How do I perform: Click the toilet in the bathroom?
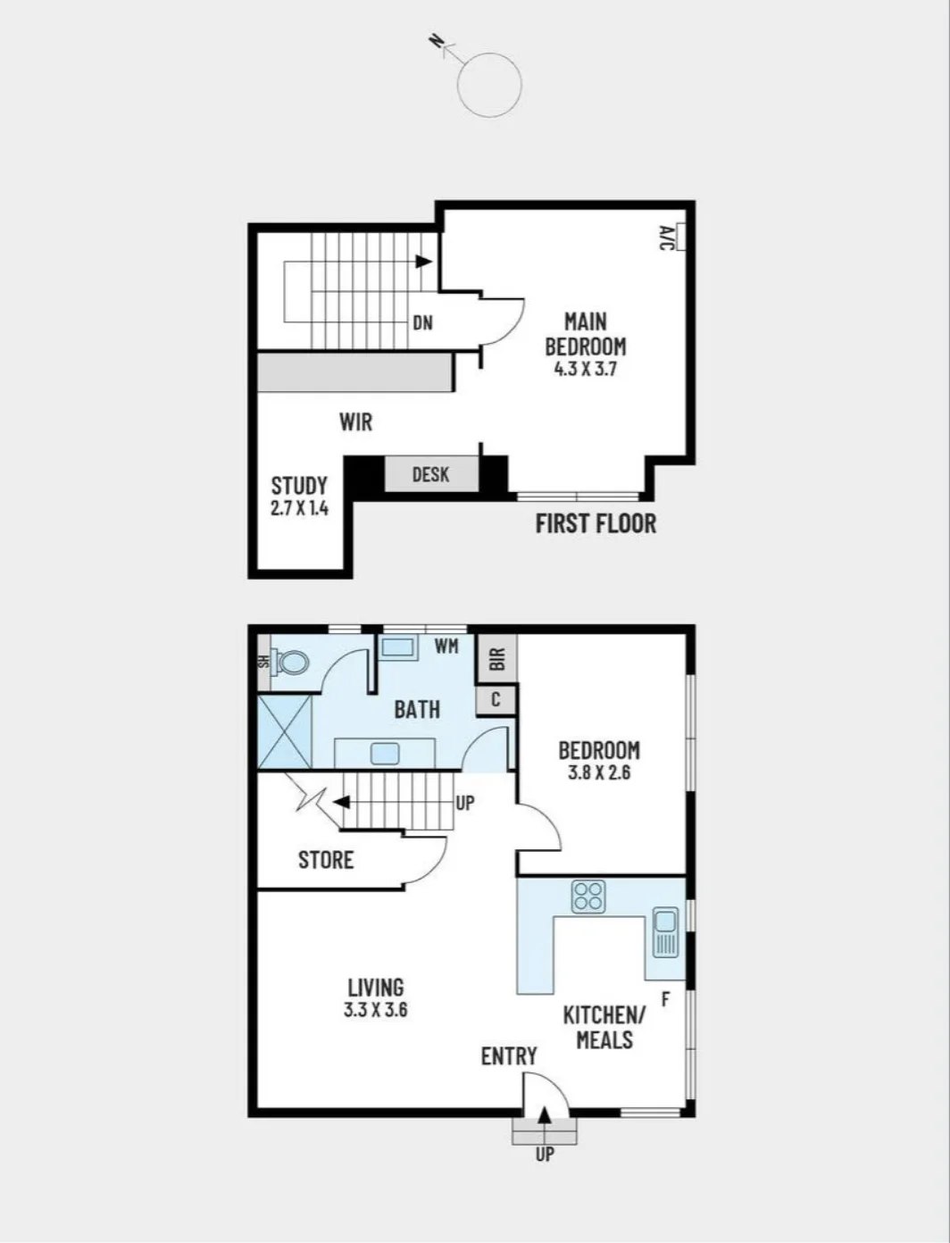[x=289, y=662]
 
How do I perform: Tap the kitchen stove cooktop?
[x=588, y=897]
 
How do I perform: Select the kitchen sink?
[x=665, y=932]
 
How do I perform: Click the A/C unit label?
[x=666, y=238]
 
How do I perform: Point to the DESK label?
[x=431, y=474]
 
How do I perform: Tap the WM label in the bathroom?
[x=446, y=646]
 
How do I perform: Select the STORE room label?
[x=326, y=860]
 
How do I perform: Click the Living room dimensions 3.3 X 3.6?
[x=375, y=1010]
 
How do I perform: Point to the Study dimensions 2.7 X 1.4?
[x=299, y=508]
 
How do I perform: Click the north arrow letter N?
[x=436, y=40]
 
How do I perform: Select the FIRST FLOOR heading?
[x=596, y=524]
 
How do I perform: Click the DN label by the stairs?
[x=423, y=322]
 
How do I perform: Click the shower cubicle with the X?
[x=285, y=733]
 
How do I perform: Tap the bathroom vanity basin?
[x=385, y=754]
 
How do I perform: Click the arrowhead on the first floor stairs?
[x=423, y=261]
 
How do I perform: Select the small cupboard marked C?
[x=496, y=700]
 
